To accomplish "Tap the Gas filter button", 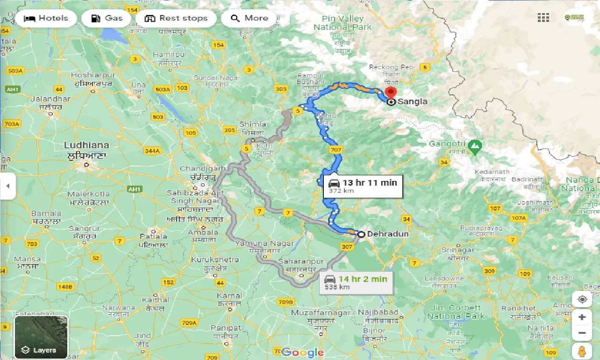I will [x=107, y=19].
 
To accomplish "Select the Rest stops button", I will [x=176, y=19].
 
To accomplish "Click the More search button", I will [x=249, y=19].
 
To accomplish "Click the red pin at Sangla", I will [x=390, y=94].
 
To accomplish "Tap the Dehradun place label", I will [x=388, y=234].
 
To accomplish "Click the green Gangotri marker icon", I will [x=475, y=146].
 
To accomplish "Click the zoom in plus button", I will [x=582, y=317].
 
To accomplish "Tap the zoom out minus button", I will [x=582, y=333].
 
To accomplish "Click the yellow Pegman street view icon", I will [x=582, y=351].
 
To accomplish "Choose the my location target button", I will [x=582, y=300].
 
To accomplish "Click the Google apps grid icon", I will [x=543, y=18].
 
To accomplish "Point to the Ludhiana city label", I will [x=86, y=145].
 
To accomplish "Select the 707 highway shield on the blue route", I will [x=336, y=150].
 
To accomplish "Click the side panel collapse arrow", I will [x=7, y=186].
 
